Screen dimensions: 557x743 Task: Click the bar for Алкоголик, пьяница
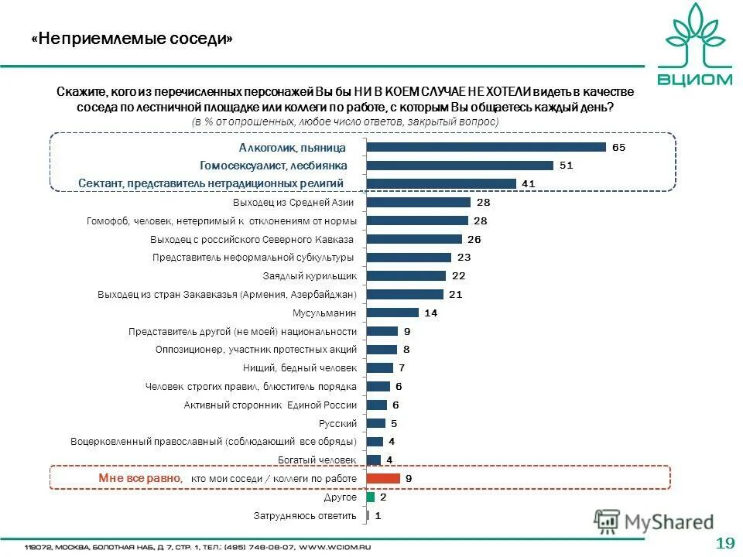[486, 147]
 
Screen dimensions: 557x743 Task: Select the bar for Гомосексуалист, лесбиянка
[460, 166]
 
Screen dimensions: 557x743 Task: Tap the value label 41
[529, 183]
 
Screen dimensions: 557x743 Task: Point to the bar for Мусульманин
[392, 313]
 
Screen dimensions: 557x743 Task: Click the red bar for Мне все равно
[383, 478]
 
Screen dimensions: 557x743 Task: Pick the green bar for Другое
[371, 497]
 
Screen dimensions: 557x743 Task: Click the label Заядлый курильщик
[310, 275]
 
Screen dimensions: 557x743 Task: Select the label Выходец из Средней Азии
[293, 203]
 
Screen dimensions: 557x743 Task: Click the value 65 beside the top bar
[618, 147]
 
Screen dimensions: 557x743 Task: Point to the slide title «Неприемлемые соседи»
[132, 39]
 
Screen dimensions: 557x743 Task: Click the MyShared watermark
[654, 522]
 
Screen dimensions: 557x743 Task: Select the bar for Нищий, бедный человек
[380, 367]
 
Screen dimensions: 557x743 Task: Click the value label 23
[464, 257]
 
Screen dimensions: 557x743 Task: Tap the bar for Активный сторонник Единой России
[376, 405]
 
